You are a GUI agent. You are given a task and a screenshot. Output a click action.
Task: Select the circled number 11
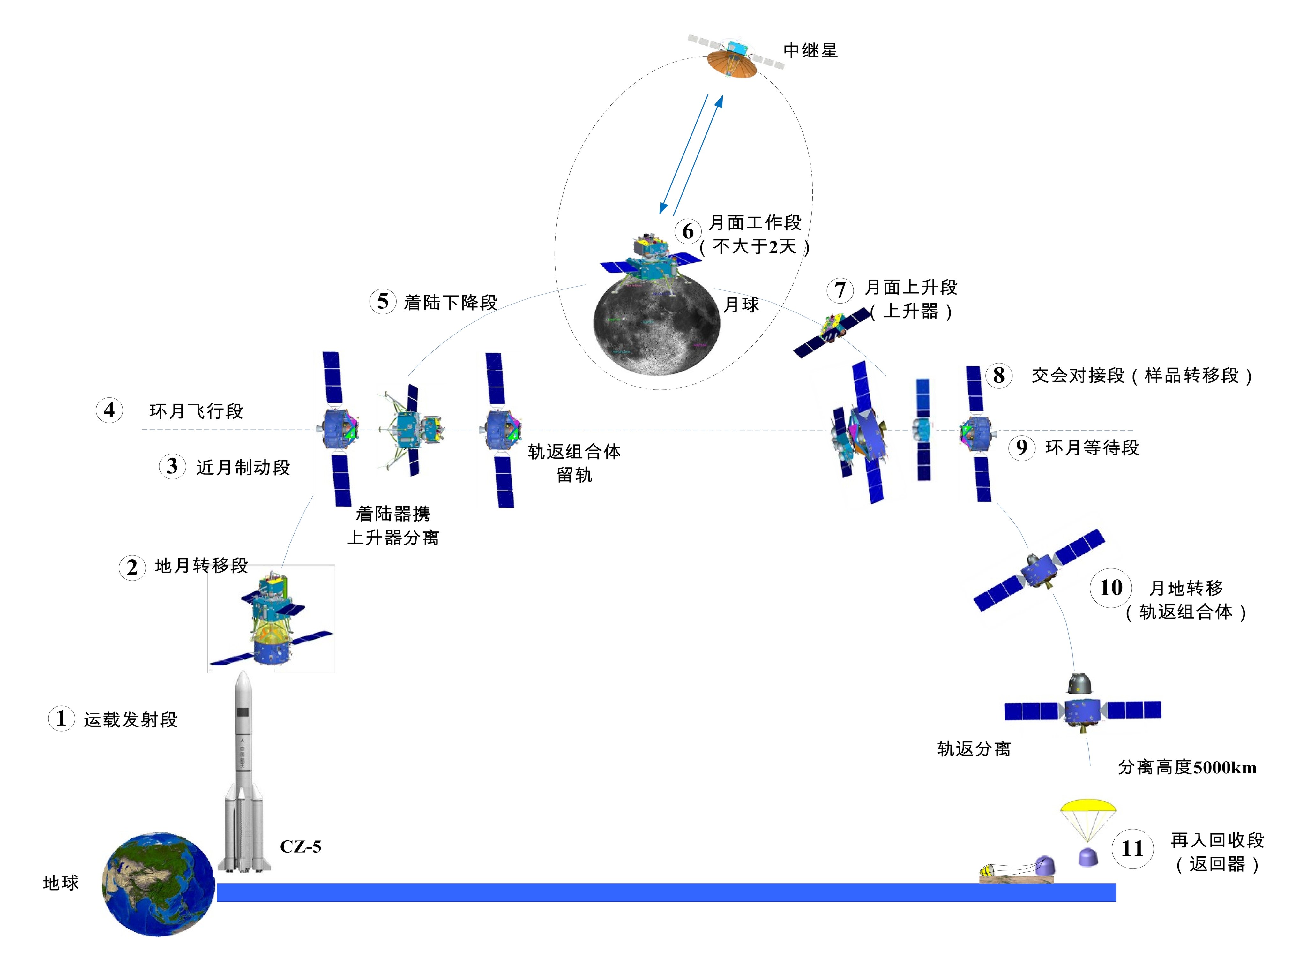(x=1132, y=848)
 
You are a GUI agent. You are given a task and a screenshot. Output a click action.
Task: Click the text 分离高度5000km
(x=1187, y=767)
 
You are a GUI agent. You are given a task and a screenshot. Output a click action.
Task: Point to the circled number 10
(x=1110, y=588)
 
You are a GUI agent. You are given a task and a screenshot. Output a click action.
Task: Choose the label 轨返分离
(x=974, y=748)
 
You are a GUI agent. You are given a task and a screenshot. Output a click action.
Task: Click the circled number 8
(x=998, y=375)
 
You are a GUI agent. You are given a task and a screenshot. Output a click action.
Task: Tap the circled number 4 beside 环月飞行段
(x=109, y=410)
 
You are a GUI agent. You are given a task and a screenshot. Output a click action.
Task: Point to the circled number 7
(x=840, y=290)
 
